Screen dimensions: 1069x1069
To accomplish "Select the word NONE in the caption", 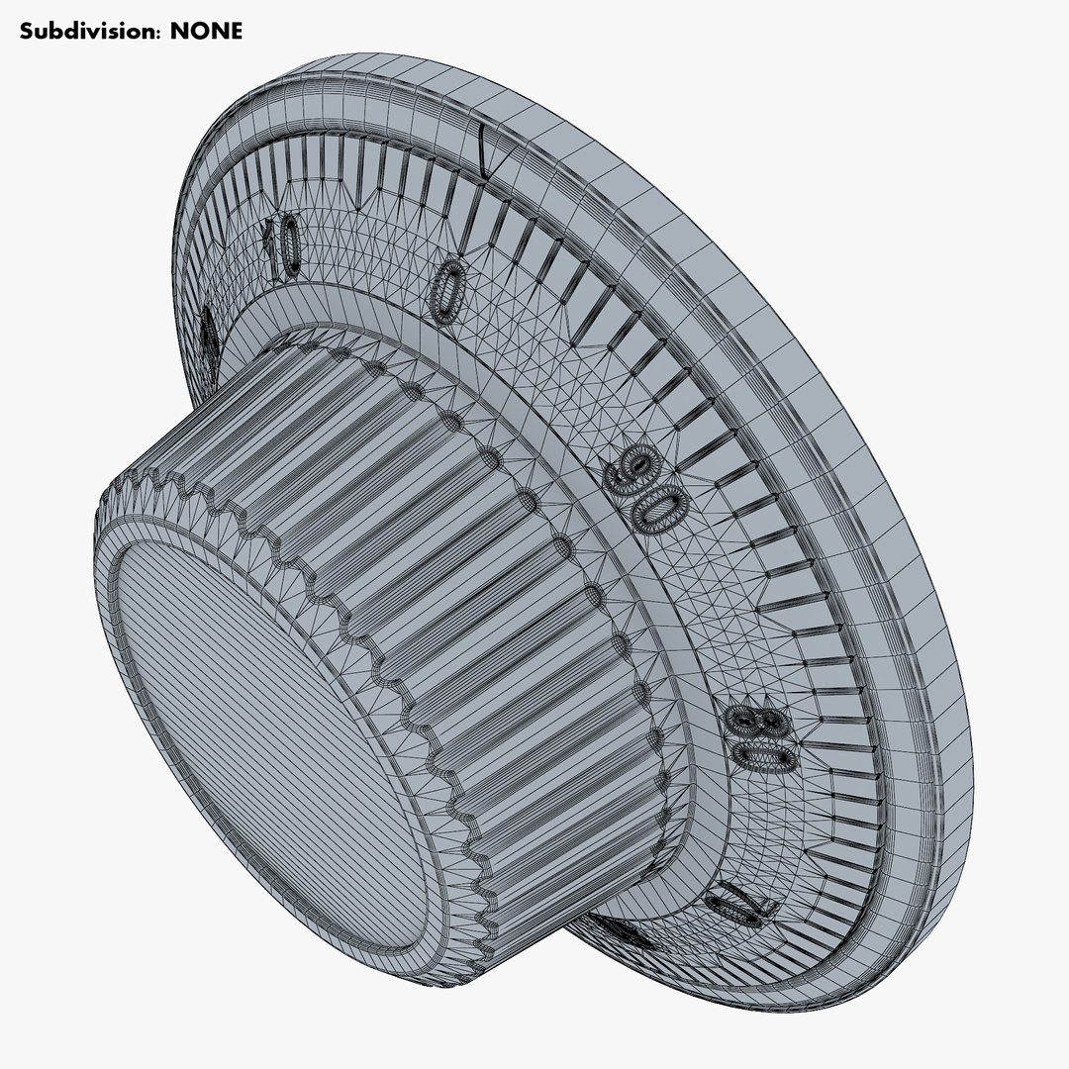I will click(x=206, y=31).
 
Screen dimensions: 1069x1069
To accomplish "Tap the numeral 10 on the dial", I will click(x=283, y=244).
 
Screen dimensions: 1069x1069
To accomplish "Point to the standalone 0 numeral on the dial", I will click(x=447, y=289).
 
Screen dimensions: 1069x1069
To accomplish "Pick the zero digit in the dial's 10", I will click(x=290, y=253).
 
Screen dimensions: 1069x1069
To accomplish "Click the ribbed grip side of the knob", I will click(x=416, y=554).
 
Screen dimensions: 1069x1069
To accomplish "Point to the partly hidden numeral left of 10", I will click(x=209, y=337).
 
